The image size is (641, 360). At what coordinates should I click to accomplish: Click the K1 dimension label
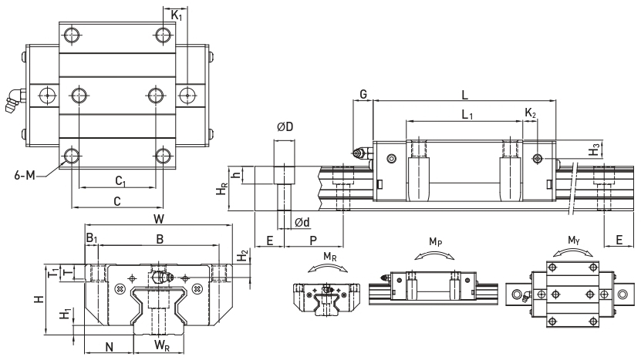click(177, 16)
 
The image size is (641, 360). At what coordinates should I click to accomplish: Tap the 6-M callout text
click(25, 176)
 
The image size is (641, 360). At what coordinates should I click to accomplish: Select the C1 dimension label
click(120, 180)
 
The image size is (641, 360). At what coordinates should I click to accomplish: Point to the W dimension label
click(159, 219)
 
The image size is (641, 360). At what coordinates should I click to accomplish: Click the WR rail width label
click(162, 345)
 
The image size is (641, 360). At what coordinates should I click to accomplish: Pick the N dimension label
click(110, 347)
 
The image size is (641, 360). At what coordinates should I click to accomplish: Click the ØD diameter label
click(285, 127)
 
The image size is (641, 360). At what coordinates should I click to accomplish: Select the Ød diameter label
click(302, 222)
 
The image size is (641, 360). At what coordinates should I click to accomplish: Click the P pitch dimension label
click(313, 241)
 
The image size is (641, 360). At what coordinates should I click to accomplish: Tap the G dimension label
click(363, 94)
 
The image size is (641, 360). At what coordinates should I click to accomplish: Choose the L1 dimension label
click(467, 115)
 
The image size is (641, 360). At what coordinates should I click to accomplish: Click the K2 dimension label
click(530, 113)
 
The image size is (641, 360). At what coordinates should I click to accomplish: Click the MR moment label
click(330, 257)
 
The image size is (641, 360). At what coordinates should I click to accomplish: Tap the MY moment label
click(574, 240)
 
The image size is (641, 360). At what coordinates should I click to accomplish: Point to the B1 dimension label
click(92, 238)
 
